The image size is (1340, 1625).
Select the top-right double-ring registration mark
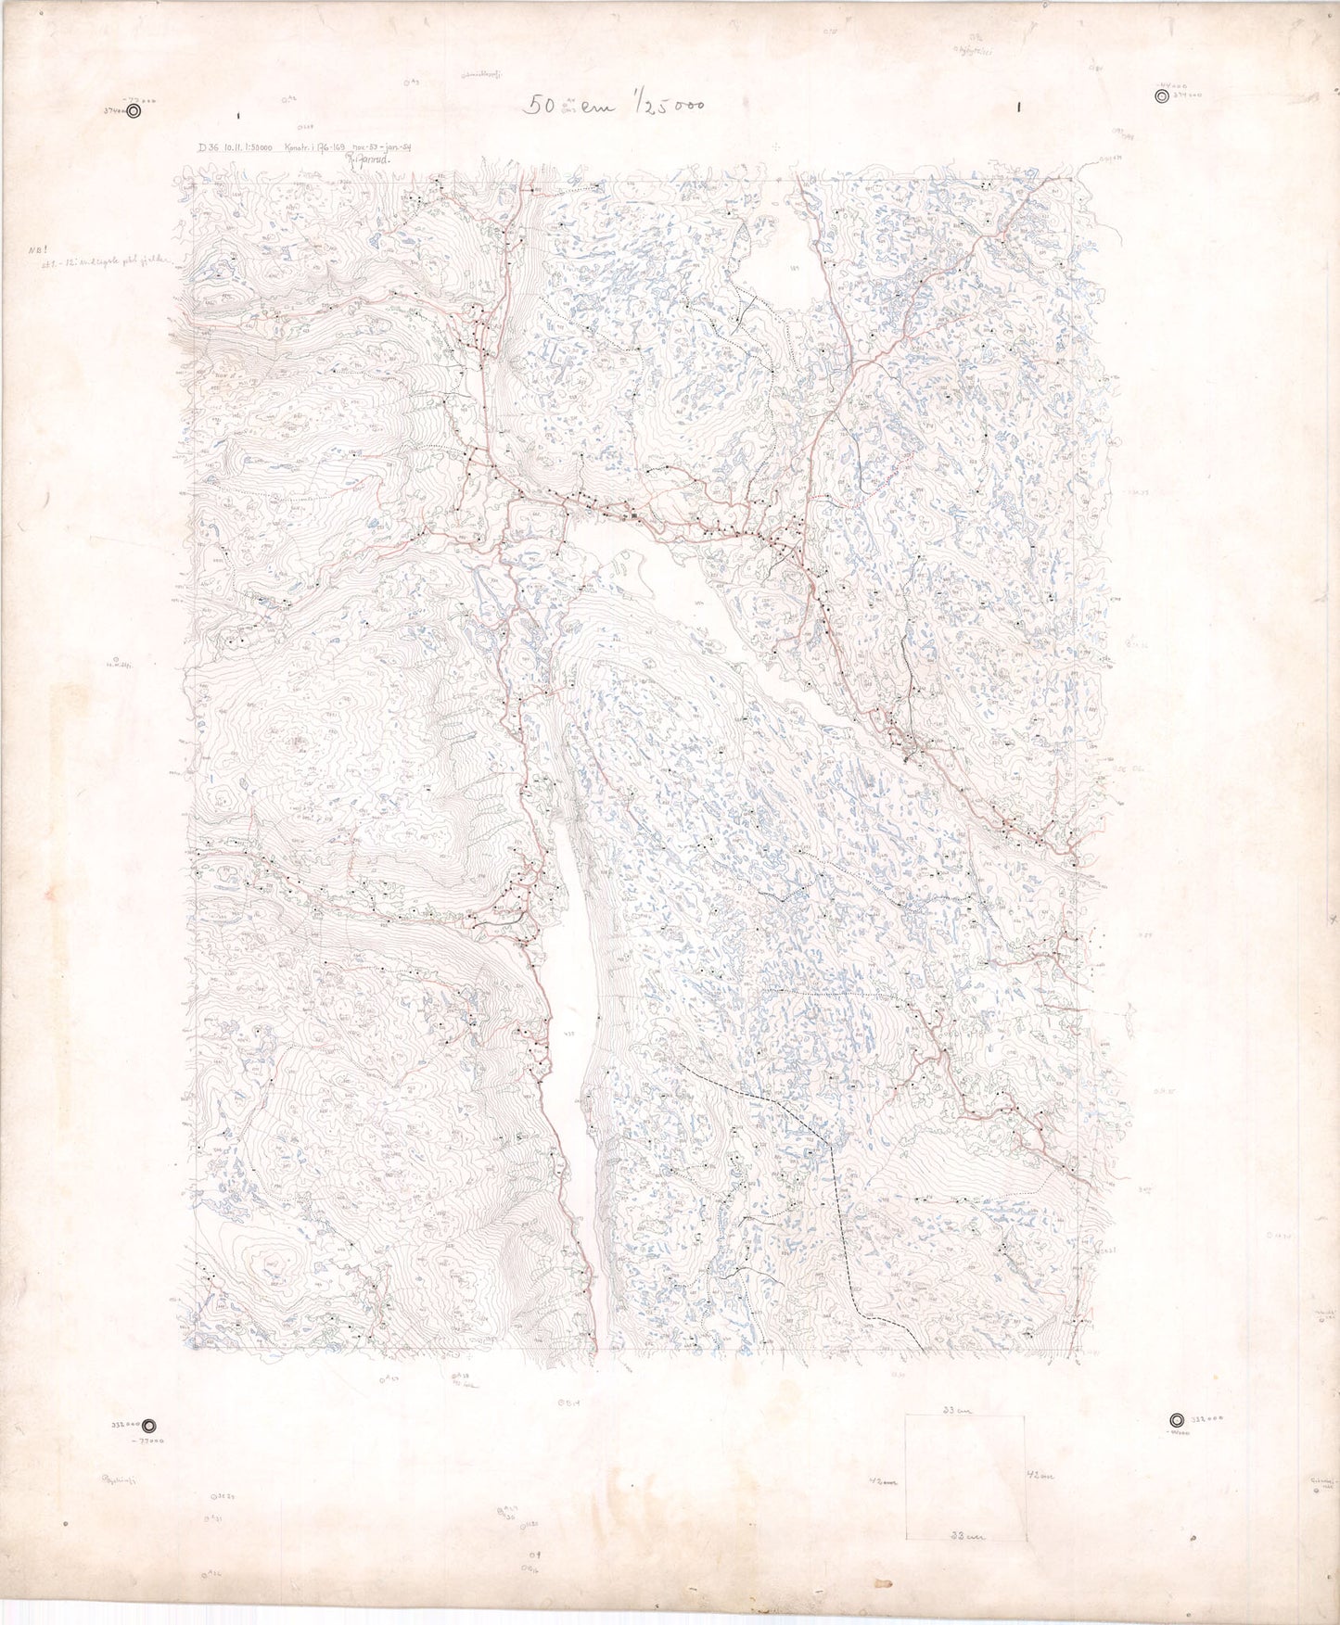pyautogui.click(x=1162, y=95)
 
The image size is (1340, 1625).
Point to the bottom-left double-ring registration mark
pyautogui.click(x=150, y=1427)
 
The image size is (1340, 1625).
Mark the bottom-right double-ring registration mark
pyautogui.click(x=1176, y=1419)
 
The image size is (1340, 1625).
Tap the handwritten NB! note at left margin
pyautogui.click(x=37, y=249)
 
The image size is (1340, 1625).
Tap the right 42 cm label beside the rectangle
pyautogui.click(x=1040, y=1474)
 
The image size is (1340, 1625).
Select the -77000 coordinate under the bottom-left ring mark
pyautogui.click(x=147, y=1442)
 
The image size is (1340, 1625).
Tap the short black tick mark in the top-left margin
pyautogui.click(x=238, y=116)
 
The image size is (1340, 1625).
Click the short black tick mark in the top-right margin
pyautogui.click(x=1018, y=107)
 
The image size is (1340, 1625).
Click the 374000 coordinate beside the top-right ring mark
pyautogui.click(x=1188, y=95)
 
